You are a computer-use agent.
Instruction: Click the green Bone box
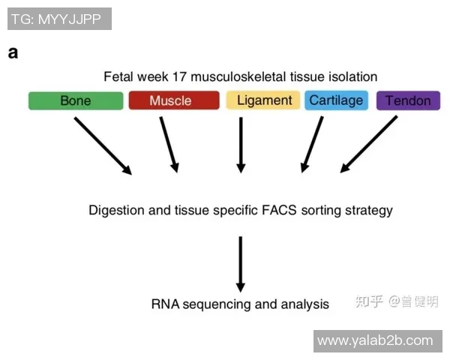(x=75, y=101)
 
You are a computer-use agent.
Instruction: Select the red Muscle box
(x=173, y=101)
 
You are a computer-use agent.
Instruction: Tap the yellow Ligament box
(x=264, y=100)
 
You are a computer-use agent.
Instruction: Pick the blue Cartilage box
(x=336, y=100)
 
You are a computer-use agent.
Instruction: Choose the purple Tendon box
(x=408, y=101)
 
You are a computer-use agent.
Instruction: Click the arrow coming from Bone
(x=103, y=145)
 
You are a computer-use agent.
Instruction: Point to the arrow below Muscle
(x=169, y=144)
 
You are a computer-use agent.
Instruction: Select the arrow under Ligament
(x=241, y=144)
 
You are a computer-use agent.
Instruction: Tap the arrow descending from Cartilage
(x=312, y=144)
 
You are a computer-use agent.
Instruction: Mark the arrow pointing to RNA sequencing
(x=241, y=263)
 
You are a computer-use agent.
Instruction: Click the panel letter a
(x=13, y=52)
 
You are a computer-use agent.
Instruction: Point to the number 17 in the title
(x=182, y=76)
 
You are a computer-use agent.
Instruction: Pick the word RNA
(x=165, y=304)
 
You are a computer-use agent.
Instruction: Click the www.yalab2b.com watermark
(x=375, y=341)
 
